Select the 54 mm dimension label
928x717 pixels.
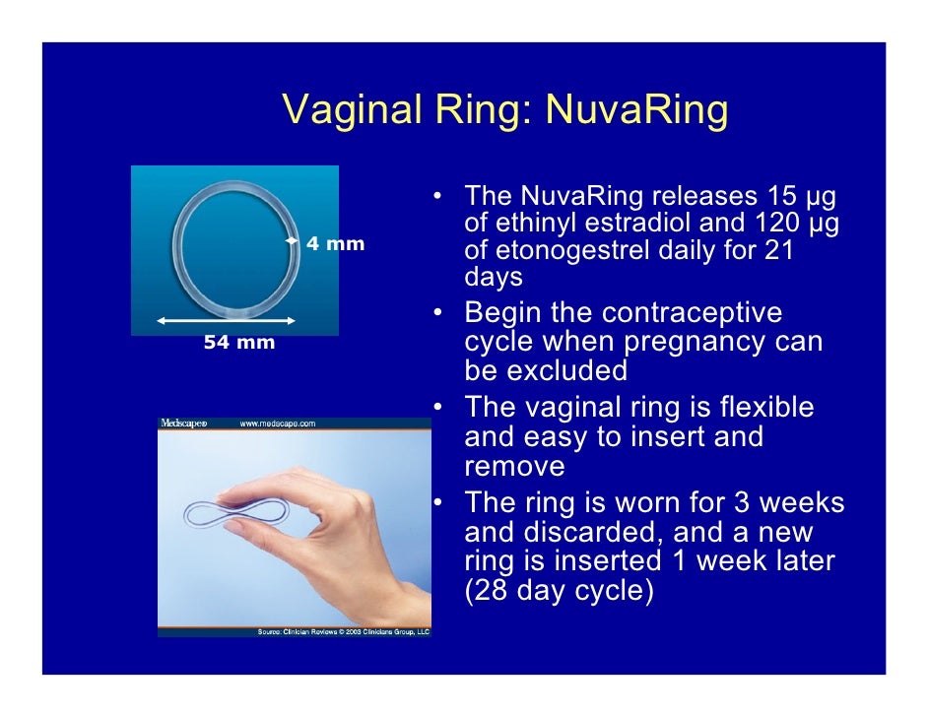(x=239, y=343)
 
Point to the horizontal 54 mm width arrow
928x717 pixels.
(x=227, y=321)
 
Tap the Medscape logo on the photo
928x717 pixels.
(x=184, y=424)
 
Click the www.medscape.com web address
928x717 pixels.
(x=278, y=424)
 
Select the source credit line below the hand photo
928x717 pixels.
(x=343, y=631)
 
